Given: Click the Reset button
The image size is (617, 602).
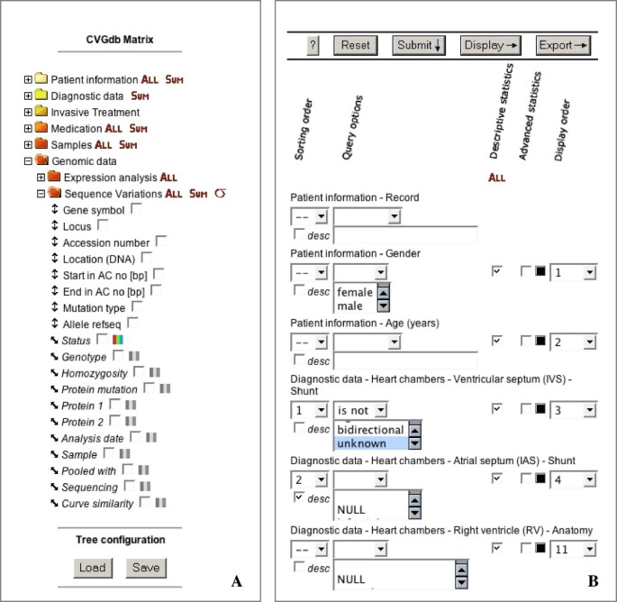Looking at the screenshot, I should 356,45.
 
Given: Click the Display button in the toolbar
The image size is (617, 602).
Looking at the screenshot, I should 491,45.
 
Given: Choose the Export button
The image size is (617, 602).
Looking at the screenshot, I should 563,45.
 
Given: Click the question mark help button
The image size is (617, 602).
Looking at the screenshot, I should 313,45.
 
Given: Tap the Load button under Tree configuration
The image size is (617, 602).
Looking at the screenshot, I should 93,567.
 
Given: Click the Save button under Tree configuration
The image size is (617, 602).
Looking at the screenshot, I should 145,567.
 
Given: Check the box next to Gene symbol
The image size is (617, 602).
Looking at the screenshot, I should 135,209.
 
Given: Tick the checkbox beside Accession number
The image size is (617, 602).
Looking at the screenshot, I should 161,241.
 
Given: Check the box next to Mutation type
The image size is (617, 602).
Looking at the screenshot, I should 137,306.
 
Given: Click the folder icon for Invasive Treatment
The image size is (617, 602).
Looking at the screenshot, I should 41,112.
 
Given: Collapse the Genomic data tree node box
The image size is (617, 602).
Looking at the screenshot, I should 28,160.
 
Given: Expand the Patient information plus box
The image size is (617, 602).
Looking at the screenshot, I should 28,79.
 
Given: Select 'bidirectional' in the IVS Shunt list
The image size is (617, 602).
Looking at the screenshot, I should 369,430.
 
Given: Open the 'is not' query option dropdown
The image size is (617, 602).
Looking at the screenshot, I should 360,410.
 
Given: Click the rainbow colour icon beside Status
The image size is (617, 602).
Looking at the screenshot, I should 117,340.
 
